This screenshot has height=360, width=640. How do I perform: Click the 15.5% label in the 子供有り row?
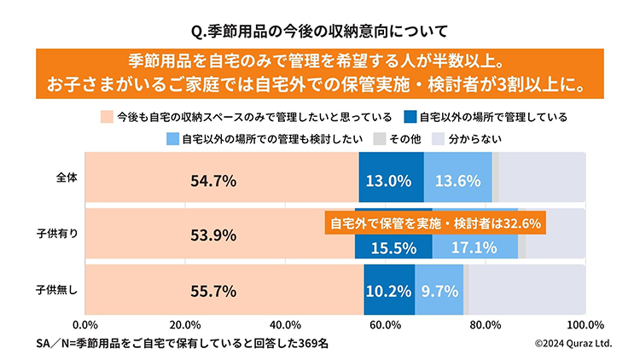[394, 248]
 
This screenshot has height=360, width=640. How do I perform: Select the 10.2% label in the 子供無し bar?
[389, 290]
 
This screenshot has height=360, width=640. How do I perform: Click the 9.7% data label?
[439, 290]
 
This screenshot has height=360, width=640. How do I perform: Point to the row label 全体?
[67, 178]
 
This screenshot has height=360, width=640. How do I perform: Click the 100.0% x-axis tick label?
[585, 325]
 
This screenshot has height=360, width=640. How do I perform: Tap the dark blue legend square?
[410, 116]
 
